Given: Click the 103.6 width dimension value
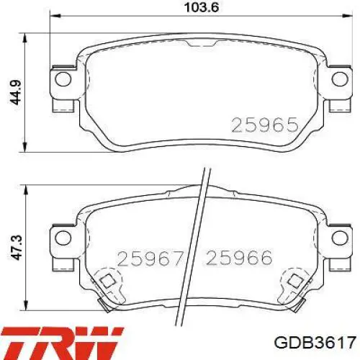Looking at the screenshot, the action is point(201,7).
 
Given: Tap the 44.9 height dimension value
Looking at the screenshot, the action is point(16,93).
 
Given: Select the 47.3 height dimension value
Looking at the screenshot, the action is point(17,248).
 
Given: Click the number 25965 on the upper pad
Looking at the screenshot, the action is point(265,125).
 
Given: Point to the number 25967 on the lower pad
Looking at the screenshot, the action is point(150,258).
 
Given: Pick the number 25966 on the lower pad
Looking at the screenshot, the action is point(239,258).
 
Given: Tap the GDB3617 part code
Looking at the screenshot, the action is point(315,343).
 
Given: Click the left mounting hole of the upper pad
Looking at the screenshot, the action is point(63,79).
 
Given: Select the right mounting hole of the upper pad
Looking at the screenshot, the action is point(340,79).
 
